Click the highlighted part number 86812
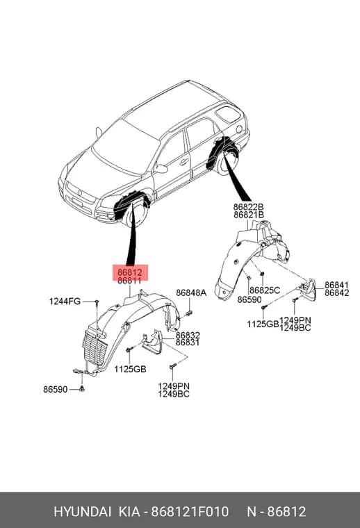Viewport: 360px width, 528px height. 129,272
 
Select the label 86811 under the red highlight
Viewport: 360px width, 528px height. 129,281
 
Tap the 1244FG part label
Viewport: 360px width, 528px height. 65,301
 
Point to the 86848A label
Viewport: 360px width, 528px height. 191,292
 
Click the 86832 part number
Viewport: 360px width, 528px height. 188,335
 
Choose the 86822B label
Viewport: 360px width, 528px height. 249,206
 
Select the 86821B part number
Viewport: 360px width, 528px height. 249,215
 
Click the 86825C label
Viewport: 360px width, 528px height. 265,290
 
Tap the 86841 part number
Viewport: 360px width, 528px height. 336,285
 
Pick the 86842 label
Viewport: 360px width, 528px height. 336,293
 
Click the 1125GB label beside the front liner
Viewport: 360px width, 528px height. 130,369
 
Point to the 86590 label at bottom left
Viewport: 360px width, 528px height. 55,389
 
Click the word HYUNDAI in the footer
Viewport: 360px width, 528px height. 82,511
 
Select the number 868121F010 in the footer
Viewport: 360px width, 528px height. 190,511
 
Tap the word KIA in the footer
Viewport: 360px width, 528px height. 129,511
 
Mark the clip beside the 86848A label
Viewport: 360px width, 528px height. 189,312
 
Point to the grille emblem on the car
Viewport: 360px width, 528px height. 80,192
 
